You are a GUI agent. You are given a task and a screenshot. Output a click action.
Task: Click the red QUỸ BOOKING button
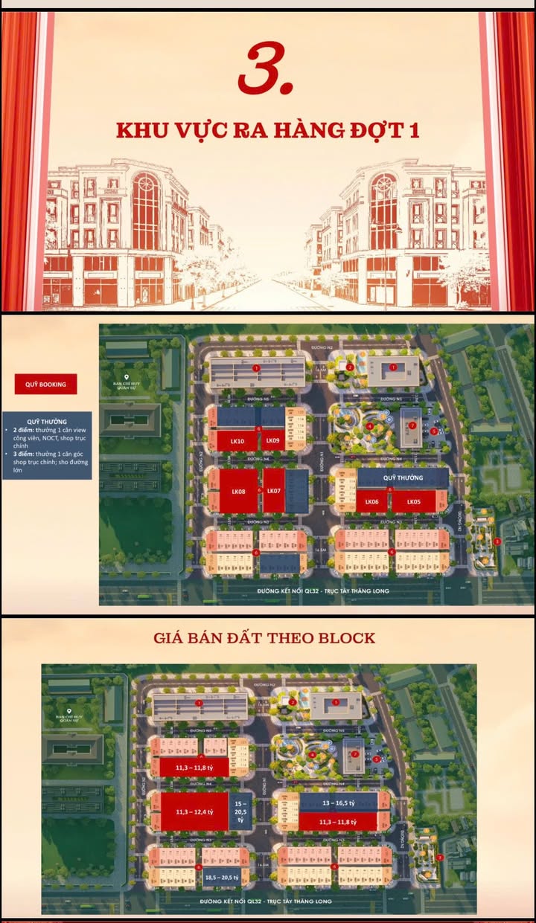tap(45, 384)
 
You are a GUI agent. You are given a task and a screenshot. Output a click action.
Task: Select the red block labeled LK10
tap(237, 441)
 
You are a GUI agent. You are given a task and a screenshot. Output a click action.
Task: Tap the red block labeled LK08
tap(237, 491)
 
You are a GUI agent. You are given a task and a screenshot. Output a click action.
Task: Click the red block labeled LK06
tap(371, 501)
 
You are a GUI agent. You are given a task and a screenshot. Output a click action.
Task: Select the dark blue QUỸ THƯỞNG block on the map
tap(403, 477)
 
